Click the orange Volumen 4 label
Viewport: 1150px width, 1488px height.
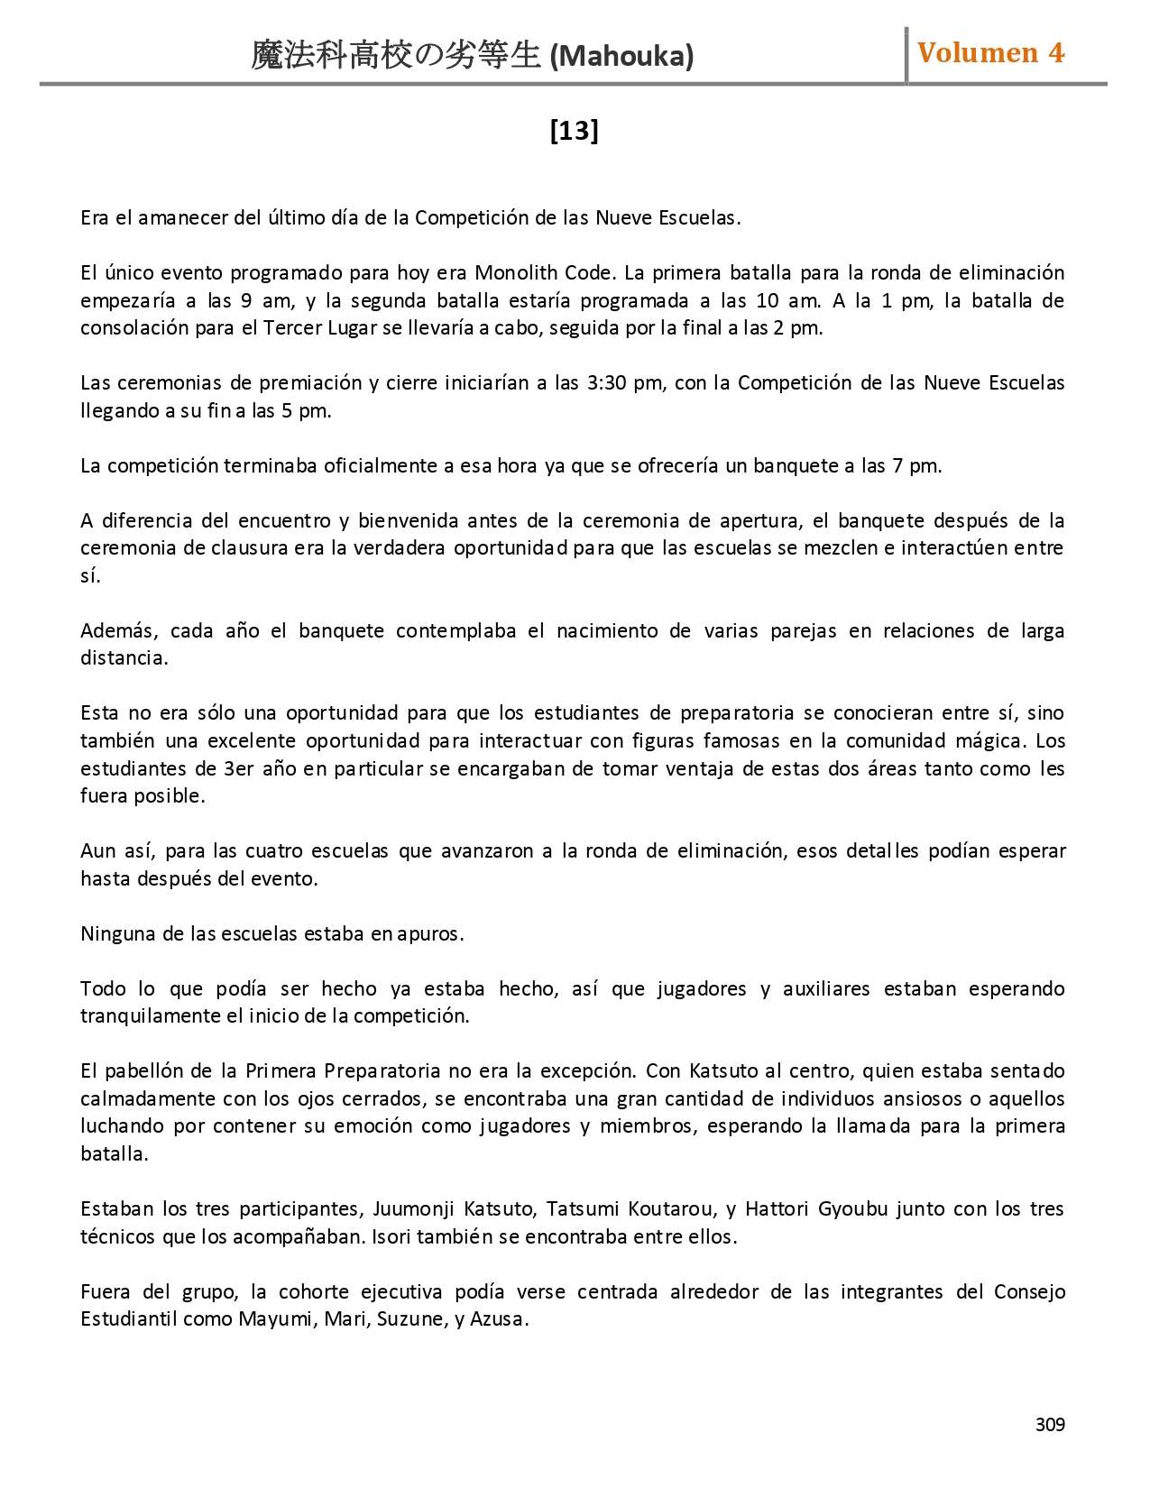pos(990,53)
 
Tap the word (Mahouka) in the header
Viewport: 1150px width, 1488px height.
pos(621,57)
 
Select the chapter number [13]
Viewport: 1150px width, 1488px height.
pos(575,132)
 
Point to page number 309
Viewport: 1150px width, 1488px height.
pos(1050,1424)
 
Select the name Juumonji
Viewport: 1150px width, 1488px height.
pos(410,1209)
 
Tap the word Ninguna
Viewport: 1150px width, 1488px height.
pos(118,934)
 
